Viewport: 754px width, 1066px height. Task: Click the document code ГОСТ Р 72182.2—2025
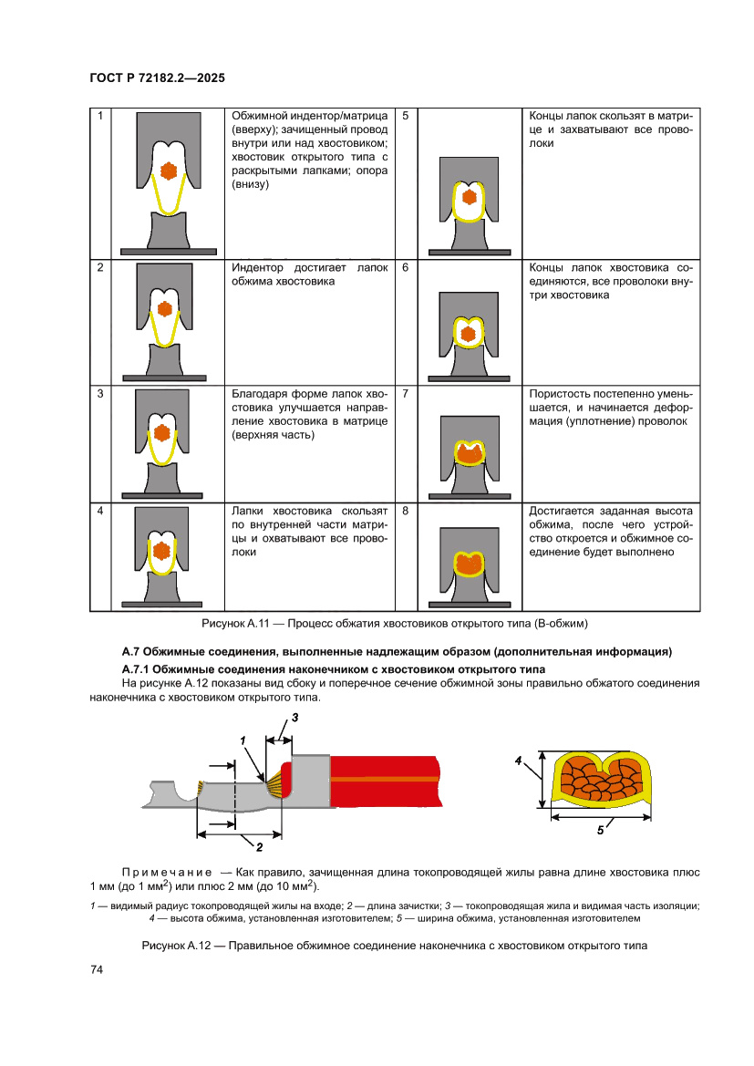point(157,78)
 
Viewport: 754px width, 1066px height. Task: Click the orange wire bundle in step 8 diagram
point(470,564)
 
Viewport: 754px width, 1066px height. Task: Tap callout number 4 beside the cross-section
point(517,760)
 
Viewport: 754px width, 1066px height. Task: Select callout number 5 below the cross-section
point(600,830)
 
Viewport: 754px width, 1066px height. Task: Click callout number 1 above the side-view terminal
point(243,740)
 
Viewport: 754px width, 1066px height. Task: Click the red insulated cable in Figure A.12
point(383,780)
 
